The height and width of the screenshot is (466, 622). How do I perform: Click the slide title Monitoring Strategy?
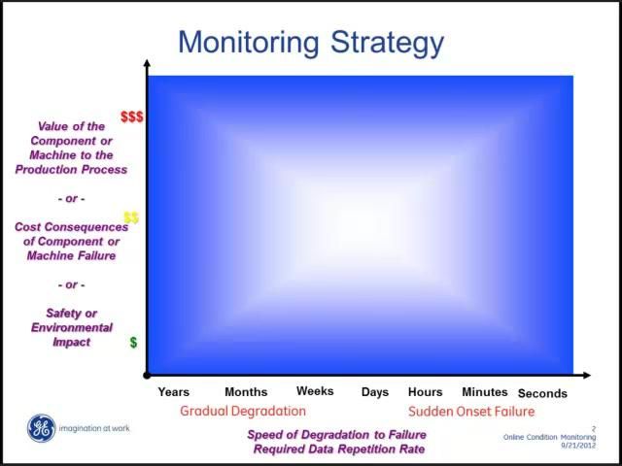(311, 43)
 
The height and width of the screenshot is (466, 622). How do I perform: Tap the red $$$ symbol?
(131, 116)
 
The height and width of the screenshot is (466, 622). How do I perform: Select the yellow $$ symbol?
(131, 217)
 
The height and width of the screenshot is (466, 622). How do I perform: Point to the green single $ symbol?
(133, 343)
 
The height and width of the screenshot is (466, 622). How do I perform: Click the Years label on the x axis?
(174, 392)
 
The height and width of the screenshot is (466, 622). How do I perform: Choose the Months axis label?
(246, 392)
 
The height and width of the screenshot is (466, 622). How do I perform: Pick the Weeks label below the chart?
(315, 391)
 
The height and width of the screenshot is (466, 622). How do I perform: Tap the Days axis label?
(375, 392)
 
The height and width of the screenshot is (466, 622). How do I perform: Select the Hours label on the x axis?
(426, 392)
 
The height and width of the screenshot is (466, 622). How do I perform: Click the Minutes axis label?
(485, 392)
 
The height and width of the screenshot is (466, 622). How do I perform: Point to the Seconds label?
(542, 393)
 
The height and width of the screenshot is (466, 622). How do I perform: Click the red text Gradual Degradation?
(243, 411)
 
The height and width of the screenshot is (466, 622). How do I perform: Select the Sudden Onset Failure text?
(471, 411)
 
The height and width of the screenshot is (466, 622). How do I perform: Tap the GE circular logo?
(41, 428)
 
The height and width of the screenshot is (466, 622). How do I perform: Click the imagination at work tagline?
(94, 428)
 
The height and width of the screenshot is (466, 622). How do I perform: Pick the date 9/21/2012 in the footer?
(579, 446)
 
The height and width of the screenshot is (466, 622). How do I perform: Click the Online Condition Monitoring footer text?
(550, 437)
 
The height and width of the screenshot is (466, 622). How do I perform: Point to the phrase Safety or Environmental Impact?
(72, 327)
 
